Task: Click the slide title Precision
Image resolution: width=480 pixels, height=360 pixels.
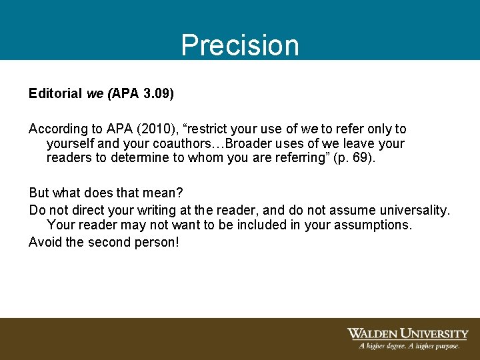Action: tap(240, 45)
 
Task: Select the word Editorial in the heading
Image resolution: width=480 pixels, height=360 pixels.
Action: tap(55, 93)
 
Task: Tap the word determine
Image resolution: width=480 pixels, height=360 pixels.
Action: tap(149, 158)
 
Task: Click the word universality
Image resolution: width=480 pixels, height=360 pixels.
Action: tap(413, 210)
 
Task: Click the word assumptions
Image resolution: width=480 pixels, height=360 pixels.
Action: tap(371, 225)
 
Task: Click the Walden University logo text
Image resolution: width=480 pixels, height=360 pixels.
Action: tap(407, 333)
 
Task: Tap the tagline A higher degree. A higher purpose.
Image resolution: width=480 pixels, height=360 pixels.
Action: tap(409, 346)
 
